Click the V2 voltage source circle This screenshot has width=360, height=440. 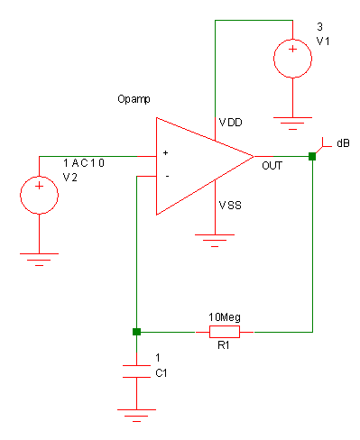point(40,195)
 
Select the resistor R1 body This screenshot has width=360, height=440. point(224,332)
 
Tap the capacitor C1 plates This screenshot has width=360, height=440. point(135,371)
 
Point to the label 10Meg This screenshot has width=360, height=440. point(224,317)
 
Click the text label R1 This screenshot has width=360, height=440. point(222,345)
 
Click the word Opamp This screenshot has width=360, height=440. point(134,97)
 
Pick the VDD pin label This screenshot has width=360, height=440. point(231,121)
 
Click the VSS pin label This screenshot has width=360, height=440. point(230,206)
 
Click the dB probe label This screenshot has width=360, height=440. point(343,143)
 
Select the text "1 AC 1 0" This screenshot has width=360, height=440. point(84,162)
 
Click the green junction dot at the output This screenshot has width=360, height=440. point(312,157)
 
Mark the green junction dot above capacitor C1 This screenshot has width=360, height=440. point(135,332)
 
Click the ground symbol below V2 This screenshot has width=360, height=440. point(40,258)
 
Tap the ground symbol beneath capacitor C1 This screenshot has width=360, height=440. point(135,414)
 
